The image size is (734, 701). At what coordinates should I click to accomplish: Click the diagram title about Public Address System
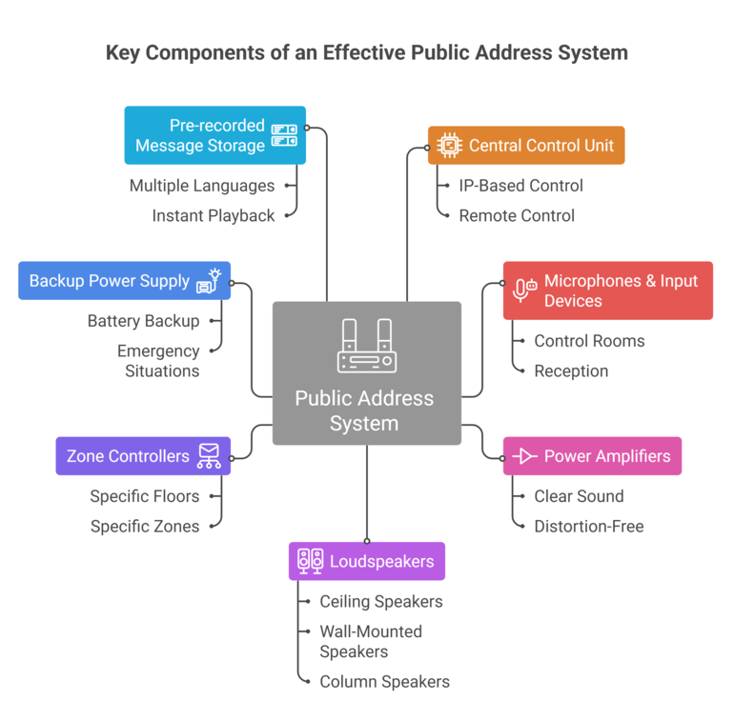pos(367,52)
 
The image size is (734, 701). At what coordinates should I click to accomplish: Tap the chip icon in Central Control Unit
pos(448,146)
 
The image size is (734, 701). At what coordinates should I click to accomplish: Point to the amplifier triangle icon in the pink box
pos(524,457)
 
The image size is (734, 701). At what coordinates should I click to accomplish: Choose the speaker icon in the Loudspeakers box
pos(310,561)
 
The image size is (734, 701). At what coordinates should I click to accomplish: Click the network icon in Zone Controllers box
pos(208,456)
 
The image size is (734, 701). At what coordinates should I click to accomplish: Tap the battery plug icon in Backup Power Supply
pos(209,281)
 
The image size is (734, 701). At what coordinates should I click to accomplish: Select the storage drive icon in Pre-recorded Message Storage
pos(284,135)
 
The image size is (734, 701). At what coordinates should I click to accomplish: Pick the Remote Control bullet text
pos(517,216)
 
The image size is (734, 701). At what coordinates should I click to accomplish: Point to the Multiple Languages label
pos(202,186)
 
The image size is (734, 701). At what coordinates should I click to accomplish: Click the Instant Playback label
pos(214,216)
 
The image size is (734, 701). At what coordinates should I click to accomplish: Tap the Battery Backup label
pos(143,321)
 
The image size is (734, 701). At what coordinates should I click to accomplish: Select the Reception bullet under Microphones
pos(571,371)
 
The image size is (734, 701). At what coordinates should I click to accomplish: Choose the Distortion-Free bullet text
pos(588,527)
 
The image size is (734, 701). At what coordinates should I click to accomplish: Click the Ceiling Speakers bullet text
pos(380,602)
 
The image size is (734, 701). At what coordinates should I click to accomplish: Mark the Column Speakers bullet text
pos(384,682)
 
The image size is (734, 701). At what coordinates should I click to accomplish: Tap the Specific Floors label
pos(145,496)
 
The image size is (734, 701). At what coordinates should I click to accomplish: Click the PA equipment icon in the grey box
pos(366,346)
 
